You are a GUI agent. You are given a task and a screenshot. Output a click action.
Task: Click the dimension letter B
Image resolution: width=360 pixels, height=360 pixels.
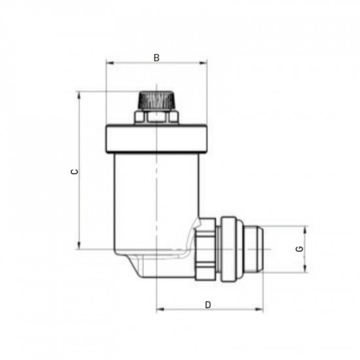point(156,58)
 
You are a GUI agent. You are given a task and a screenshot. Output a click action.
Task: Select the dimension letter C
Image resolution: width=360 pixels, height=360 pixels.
point(75,171)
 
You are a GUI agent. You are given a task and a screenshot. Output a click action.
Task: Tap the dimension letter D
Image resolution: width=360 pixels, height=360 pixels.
point(208,304)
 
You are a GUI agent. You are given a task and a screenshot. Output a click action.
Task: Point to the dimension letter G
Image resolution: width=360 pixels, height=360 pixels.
point(299,249)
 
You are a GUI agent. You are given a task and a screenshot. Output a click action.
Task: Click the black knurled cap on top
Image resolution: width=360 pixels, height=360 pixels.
point(156,101)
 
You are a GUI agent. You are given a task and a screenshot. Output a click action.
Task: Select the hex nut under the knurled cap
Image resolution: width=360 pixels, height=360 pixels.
point(156,117)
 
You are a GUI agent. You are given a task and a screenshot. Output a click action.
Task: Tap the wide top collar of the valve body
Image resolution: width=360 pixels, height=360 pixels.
point(156,138)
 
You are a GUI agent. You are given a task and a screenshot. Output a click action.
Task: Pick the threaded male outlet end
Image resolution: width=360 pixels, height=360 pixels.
point(255,249)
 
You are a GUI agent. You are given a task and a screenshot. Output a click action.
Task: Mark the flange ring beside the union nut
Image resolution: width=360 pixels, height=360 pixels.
point(229,249)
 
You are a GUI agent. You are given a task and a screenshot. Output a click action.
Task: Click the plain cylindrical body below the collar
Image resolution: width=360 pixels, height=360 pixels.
point(156,196)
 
